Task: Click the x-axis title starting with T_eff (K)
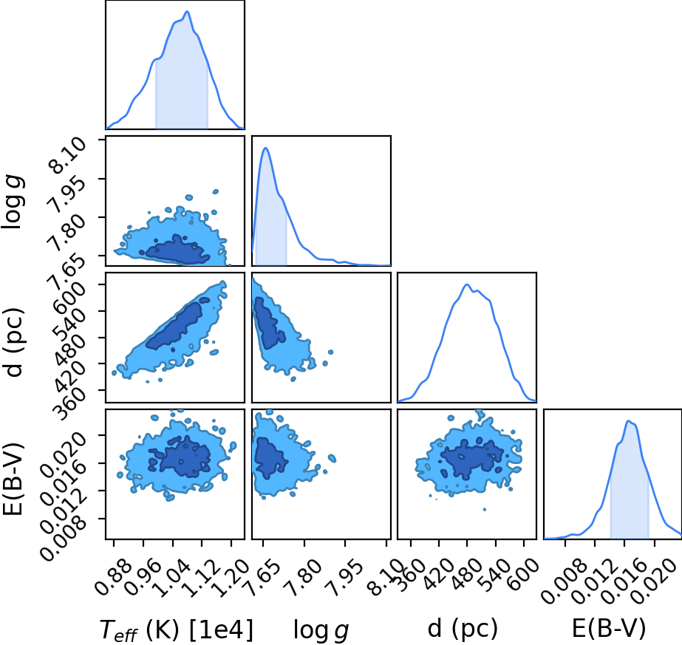(x=176, y=629)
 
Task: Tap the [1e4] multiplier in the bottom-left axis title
(x=222, y=629)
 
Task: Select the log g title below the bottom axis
(x=321, y=629)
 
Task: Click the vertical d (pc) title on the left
(x=13, y=342)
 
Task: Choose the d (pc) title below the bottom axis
(x=463, y=629)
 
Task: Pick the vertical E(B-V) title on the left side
(x=13, y=479)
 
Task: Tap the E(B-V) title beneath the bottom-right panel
(x=609, y=629)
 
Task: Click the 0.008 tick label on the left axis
(x=63, y=538)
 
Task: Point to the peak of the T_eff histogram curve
(x=187, y=11)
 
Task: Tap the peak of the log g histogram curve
(x=265, y=149)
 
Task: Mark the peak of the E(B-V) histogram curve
(x=628, y=420)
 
